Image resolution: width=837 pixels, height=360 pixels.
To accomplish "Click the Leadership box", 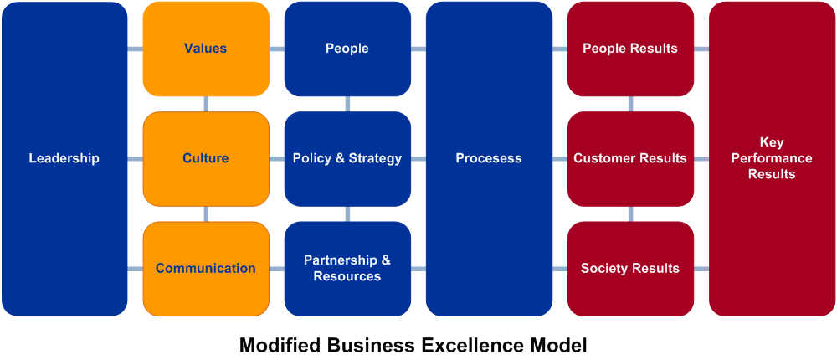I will click(x=64, y=158).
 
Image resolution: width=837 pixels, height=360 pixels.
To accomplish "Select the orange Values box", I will click(x=205, y=49).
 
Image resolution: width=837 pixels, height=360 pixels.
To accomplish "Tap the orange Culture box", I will click(x=205, y=158).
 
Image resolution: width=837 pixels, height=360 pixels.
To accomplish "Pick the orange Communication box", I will click(x=205, y=269).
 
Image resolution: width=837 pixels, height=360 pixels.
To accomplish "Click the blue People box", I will click(x=347, y=49).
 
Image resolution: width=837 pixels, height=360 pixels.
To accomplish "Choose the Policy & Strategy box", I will click(x=347, y=158).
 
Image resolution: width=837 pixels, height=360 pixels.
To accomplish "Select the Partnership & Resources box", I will click(x=347, y=269).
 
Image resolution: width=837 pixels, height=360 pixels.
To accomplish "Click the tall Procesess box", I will click(x=489, y=158).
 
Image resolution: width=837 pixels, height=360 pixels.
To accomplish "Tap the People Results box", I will click(x=630, y=49).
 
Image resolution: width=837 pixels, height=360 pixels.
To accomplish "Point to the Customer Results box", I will click(x=630, y=158).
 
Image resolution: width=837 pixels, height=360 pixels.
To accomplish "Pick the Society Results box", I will click(x=630, y=269).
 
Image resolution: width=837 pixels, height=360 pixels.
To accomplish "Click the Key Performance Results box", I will click(x=772, y=158).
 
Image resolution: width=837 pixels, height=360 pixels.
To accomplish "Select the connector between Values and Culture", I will click(x=206, y=104).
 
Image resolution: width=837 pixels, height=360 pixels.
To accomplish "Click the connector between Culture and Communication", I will click(x=206, y=213).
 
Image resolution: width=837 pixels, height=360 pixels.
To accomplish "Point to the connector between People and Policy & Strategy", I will click(x=347, y=104).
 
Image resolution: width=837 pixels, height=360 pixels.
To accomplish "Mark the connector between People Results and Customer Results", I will click(x=630, y=104).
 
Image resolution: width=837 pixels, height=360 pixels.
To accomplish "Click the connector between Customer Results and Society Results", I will click(x=630, y=213).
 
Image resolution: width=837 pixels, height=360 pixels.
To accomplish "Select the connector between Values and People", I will click(x=276, y=49).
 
